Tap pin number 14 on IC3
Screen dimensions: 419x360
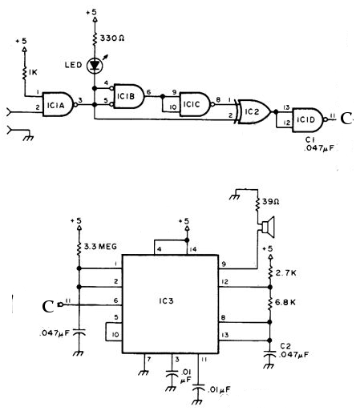189,249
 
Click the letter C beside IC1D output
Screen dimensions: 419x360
346,119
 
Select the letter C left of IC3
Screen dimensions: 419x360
48,305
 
